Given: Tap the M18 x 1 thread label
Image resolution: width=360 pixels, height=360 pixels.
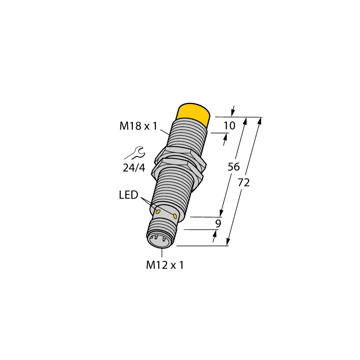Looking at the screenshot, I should [139, 126].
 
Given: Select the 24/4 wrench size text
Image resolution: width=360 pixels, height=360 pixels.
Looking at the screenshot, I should [134, 168].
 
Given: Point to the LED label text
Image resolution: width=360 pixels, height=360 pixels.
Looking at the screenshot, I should [129, 195].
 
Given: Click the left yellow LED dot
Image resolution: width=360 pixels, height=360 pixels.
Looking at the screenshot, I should [158, 211].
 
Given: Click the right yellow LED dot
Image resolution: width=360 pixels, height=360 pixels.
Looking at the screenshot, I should [175, 216].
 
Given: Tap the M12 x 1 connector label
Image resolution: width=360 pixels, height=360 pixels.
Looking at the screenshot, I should [165, 265].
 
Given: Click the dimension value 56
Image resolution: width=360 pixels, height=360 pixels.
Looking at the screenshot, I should [234, 167].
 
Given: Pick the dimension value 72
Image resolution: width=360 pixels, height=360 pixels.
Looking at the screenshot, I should [244, 183].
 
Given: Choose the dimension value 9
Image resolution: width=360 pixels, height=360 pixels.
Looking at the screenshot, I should [217, 224].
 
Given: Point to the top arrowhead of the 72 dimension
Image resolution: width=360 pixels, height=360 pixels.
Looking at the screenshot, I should [260, 120].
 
